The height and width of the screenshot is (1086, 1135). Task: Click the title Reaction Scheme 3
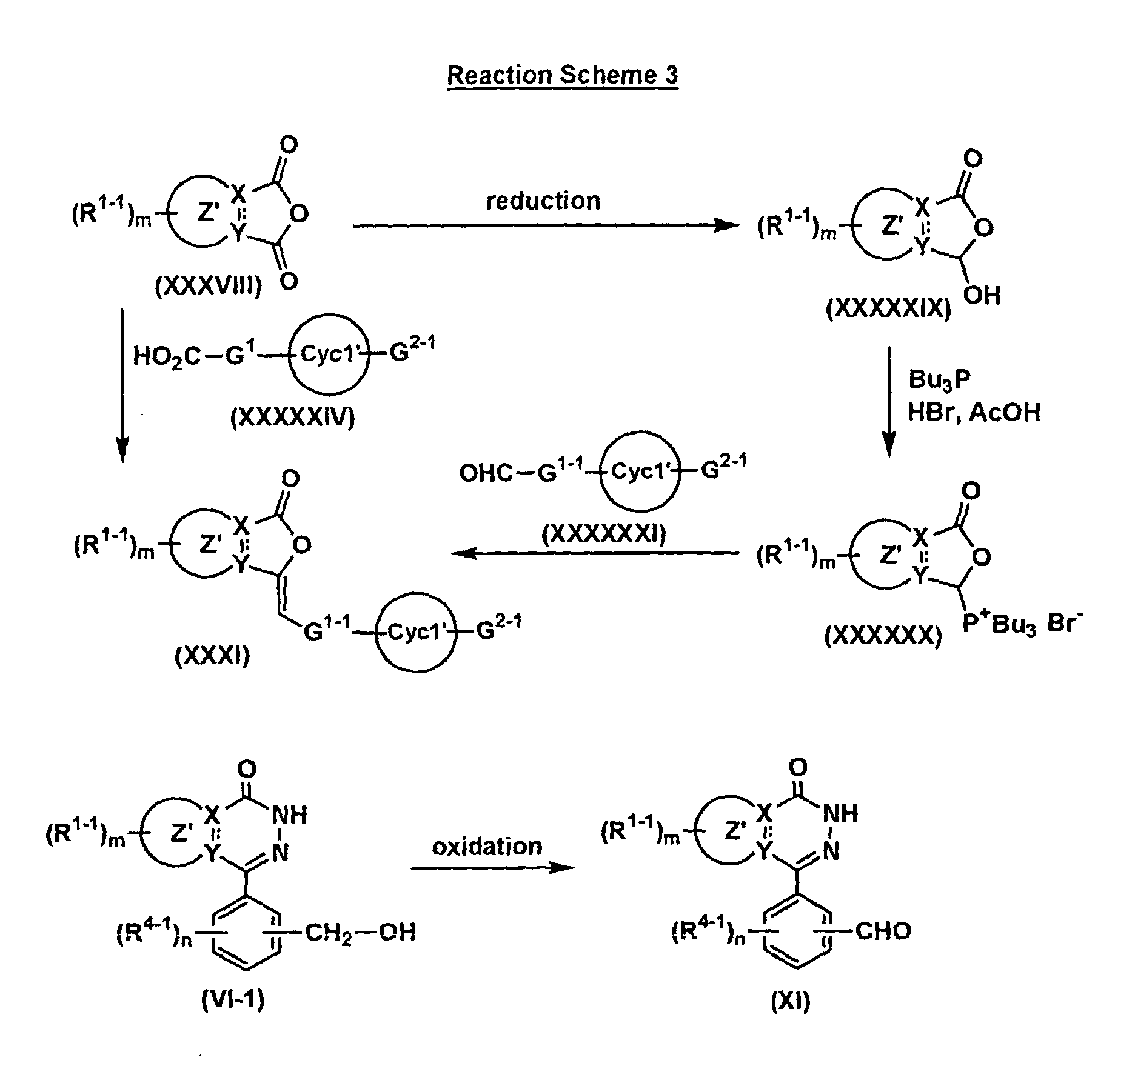pos(562,75)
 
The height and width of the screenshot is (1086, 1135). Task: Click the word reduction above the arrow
pos(543,201)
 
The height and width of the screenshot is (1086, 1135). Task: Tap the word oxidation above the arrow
pos(487,846)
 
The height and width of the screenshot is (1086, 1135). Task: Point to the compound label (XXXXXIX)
pos(888,308)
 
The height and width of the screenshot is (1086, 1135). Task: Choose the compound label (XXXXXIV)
pos(292,418)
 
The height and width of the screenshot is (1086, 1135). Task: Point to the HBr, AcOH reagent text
pos(974,412)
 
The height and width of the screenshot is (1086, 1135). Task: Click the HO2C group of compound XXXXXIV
pos(166,357)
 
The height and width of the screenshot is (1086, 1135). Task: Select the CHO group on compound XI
pos(883,931)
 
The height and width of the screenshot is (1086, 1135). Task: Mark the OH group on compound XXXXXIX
pos(982,295)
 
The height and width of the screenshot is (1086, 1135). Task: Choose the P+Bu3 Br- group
pos(1023,623)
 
